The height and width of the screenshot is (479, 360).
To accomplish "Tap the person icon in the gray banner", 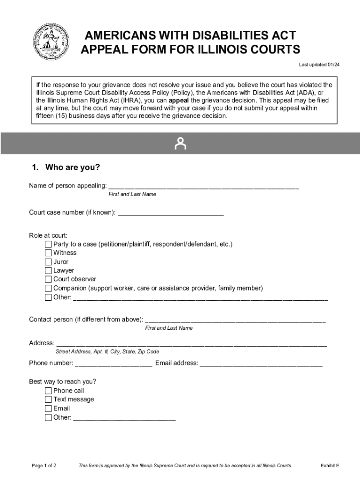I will coord(180,144).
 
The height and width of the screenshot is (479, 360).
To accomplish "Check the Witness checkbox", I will coord(49,253).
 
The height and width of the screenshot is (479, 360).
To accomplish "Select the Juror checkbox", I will coord(49,262).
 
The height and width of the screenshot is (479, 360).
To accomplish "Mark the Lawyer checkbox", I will coord(49,270).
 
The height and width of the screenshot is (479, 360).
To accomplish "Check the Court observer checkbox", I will coord(49,279).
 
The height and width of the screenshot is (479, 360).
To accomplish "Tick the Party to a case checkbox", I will coord(49,244).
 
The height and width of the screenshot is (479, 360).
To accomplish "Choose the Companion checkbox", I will coord(49,288).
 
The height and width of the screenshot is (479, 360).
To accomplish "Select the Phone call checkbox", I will coord(49,391).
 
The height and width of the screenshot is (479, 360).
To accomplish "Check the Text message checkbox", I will coord(49,399).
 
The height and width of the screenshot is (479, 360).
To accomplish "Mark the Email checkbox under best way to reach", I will coord(49,408).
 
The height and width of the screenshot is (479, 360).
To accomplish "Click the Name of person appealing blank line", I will coord(203,187).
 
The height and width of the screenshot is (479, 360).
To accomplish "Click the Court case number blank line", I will coord(171,213).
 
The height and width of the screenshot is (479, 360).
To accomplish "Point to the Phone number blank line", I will coord(114,364).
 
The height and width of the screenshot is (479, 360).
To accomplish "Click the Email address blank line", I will coord(261,364).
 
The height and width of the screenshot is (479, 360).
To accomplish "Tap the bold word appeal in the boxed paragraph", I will coord(179,101).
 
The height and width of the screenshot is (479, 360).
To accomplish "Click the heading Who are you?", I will coord(65,167).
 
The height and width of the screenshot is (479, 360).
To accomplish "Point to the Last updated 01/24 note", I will coord(319,65).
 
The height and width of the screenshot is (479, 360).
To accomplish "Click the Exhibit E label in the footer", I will coord(330,465).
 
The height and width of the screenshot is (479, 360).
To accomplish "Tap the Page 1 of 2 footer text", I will coord(44,465).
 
